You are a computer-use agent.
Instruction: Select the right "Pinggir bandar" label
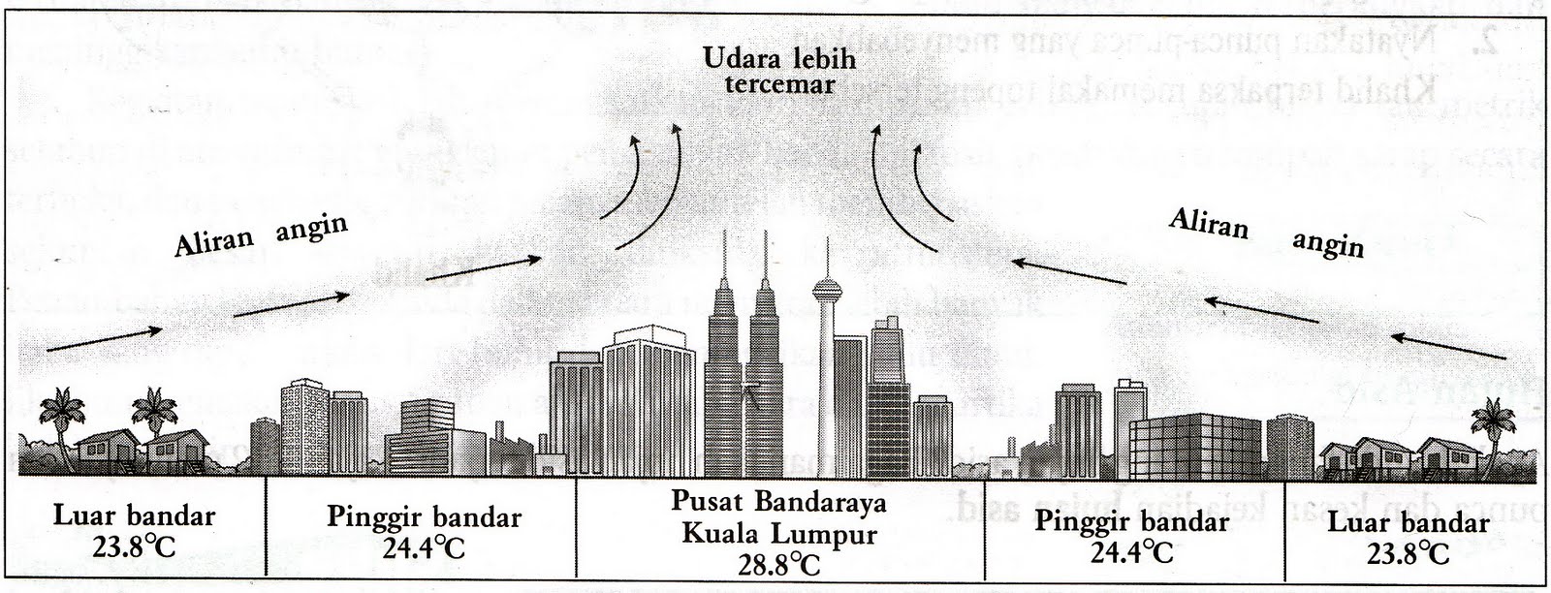[1131, 521]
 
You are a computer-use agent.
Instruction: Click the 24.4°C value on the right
[1131, 551]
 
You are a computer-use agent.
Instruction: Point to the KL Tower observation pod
[826, 288]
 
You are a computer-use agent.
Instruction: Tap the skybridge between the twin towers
[747, 391]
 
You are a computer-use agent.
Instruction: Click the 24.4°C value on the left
[424, 547]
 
